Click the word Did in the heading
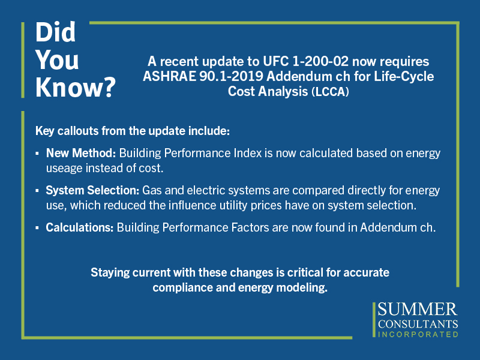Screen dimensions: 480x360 [x=55, y=32]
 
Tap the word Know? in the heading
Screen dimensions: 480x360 [x=76, y=87]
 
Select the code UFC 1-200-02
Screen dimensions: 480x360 [x=305, y=62]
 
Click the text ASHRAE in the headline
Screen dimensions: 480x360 [x=169, y=77]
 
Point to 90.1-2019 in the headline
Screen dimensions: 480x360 [x=231, y=77]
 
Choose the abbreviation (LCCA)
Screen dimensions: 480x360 [x=330, y=92]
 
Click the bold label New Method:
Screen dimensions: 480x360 [x=81, y=153]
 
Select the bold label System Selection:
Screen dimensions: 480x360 [x=92, y=190]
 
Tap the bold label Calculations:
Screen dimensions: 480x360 [x=80, y=228]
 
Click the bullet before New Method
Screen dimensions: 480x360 [x=37, y=154]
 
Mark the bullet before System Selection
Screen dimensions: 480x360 [x=37, y=191]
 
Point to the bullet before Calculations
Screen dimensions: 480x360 [x=37, y=228]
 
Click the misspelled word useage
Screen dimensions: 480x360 [x=64, y=169]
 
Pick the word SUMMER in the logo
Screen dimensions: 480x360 [x=418, y=310]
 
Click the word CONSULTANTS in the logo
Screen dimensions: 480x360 [x=418, y=324]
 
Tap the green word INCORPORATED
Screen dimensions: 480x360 [x=418, y=334]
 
